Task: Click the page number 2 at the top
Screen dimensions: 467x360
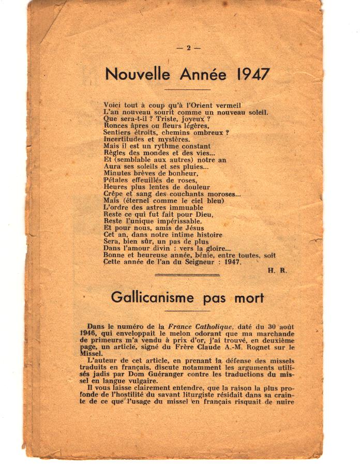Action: coord(188,48)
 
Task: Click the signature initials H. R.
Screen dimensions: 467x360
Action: coord(277,270)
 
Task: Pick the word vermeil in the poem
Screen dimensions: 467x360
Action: coord(227,105)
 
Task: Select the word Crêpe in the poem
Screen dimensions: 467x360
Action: coord(114,193)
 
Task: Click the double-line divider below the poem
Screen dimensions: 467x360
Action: coord(187,275)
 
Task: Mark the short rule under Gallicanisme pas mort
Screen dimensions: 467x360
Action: coord(187,311)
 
